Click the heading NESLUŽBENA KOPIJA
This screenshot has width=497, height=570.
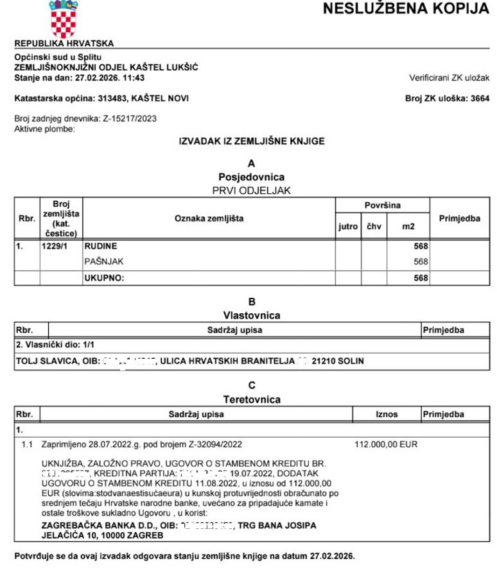(405, 9)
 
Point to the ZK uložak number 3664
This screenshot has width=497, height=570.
(479, 98)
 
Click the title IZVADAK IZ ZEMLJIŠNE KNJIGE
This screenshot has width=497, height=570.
(252, 141)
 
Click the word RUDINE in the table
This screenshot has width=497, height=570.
(101, 246)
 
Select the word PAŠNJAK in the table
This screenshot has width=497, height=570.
(103, 261)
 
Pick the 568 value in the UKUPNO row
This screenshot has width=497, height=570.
(421, 278)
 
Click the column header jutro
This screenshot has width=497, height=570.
(347, 227)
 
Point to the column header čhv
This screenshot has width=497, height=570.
(374, 227)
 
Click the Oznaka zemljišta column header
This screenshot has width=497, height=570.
(209, 219)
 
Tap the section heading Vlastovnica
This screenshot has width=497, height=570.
(252, 315)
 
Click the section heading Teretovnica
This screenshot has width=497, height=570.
(252, 399)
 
